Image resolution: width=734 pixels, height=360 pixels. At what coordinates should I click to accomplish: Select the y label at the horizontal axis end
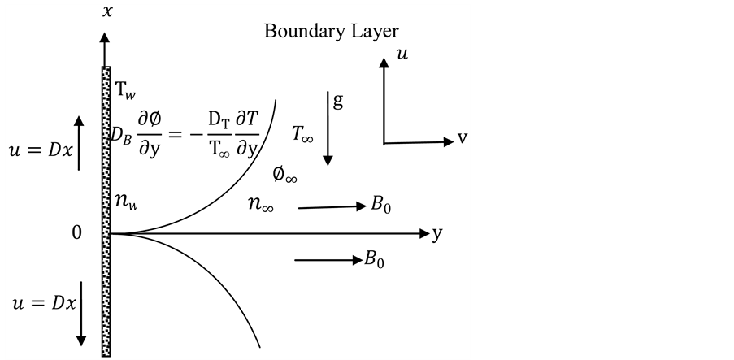coord(438,234)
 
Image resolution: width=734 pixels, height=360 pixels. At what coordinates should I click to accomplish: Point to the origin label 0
coord(77,234)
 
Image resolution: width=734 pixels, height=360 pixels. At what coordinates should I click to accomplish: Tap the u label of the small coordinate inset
coord(402,54)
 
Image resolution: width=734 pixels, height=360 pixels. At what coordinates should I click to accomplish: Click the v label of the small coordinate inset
coord(462,138)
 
